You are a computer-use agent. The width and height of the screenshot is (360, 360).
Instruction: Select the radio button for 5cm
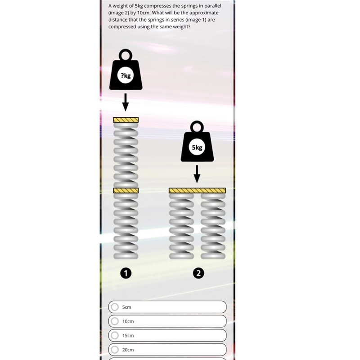(114, 307)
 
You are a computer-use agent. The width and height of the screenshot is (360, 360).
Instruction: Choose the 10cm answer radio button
(114, 321)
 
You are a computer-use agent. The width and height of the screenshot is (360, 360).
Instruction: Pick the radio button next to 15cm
(114, 335)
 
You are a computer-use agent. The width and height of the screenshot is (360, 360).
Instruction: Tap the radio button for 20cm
(114, 350)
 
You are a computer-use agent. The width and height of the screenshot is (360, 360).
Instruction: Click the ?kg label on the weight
(126, 76)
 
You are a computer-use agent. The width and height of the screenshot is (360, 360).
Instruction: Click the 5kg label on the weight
(197, 147)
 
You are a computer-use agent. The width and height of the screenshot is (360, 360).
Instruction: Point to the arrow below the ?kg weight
(125, 102)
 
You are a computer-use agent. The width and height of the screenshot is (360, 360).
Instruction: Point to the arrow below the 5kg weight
(197, 174)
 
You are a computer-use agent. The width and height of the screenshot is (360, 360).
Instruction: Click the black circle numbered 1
(126, 273)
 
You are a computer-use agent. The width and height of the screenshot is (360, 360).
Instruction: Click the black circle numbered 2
(198, 273)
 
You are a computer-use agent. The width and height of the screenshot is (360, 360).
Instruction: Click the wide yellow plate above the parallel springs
(197, 191)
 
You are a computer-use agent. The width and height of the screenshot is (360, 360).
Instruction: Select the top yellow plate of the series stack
(126, 120)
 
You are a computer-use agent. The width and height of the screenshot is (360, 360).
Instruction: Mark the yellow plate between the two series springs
(126, 190)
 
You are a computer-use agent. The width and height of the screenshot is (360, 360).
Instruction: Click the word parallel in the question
(213, 6)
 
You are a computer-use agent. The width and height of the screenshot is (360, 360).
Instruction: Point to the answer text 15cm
(128, 335)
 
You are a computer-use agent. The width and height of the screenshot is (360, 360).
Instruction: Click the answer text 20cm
(128, 350)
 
